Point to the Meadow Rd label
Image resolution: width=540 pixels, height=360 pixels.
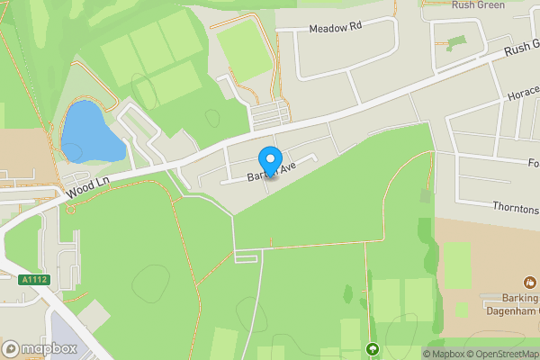pyautogui.click(x=335, y=29)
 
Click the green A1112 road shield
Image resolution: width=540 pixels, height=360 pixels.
pyautogui.click(x=33, y=280)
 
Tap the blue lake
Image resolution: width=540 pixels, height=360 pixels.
pyautogui.click(x=87, y=133)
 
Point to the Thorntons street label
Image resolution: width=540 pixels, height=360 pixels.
pyautogui.click(x=515, y=208)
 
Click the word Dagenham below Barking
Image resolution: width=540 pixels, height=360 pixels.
pyautogui.click(x=508, y=310)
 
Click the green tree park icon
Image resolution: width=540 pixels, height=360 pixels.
pyautogui.click(x=373, y=348)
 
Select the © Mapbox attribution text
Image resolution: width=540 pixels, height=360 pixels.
pyautogui.click(x=442, y=354)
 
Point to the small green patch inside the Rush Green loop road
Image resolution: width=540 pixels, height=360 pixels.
pyautogui.click(x=456, y=42)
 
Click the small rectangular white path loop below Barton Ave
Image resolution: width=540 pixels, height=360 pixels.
pyautogui.click(x=244, y=256)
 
